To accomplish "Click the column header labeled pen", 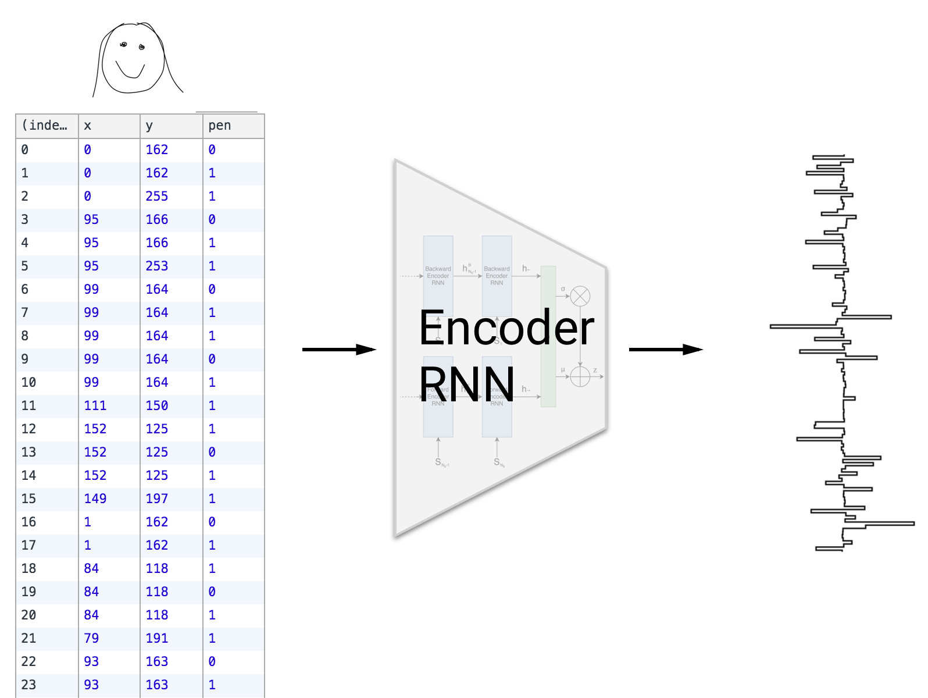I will pos(220,126).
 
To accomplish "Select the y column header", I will pos(149,126).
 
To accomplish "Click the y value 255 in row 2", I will pos(156,196).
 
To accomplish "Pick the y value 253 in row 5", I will pos(156,266).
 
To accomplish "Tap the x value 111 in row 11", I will pos(95,405).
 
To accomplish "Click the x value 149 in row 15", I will pos(95,498).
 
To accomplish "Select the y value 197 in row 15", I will pos(156,498).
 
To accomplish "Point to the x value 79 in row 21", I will pos(91,638).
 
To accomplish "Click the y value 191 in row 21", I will pos(156,638).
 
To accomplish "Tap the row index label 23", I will pos(28,685).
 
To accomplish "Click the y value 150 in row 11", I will pos(156,405).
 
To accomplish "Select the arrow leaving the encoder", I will pos(666,349).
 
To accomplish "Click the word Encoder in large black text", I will pos(506,327).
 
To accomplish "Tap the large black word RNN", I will pos(467,384).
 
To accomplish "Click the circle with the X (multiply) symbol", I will pos(580,296).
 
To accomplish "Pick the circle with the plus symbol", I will pos(580,376).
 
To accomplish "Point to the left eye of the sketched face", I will pos(123,44).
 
